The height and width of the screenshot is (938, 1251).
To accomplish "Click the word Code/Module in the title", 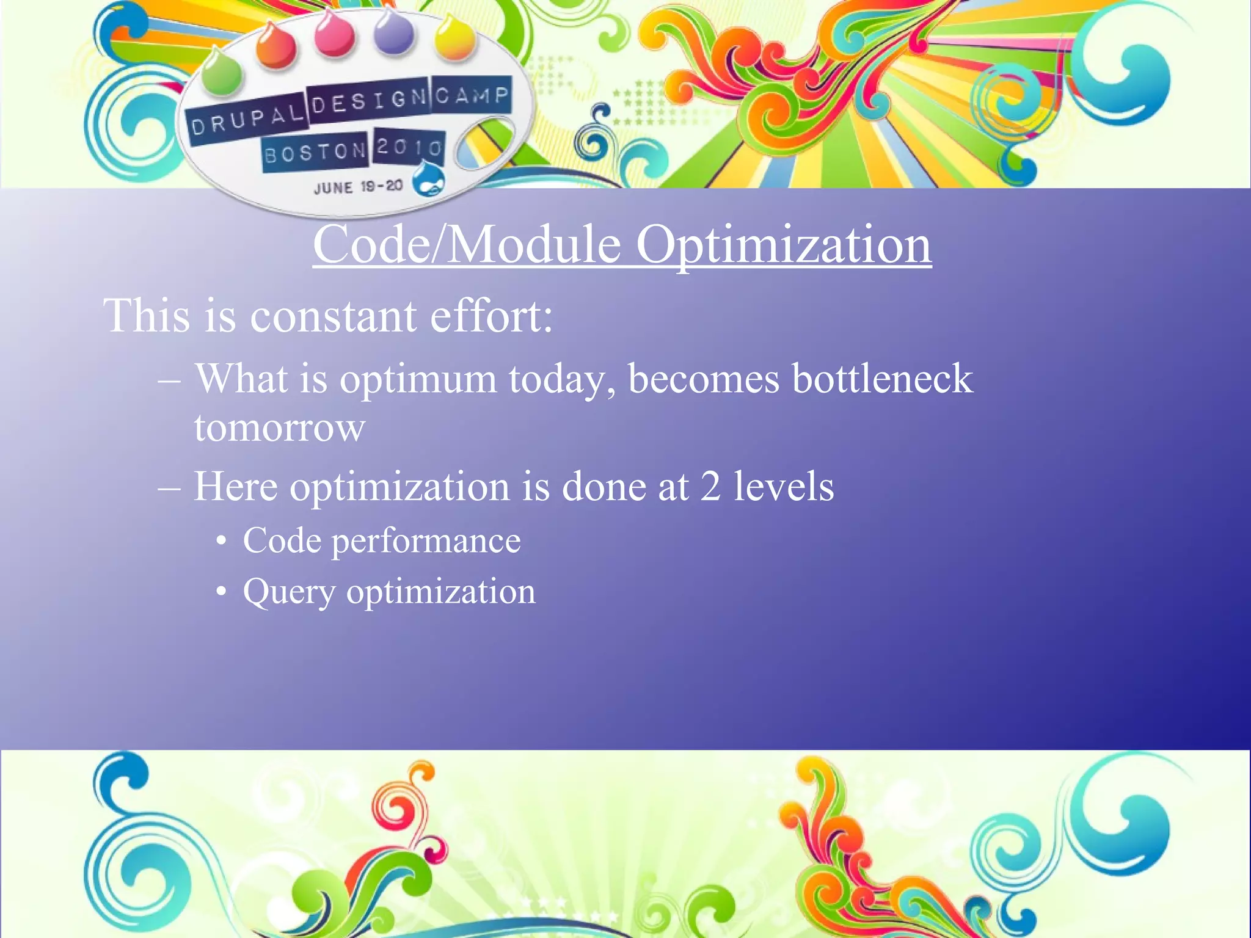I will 467,244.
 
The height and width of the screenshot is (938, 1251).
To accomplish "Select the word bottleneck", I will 883,379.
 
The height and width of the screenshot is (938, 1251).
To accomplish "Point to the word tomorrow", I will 280,427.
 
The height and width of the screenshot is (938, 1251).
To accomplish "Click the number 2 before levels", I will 710,487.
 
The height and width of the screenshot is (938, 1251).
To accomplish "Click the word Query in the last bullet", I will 289,592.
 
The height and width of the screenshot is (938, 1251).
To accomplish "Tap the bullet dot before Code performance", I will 222,541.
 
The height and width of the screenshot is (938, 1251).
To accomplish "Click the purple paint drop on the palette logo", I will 394,32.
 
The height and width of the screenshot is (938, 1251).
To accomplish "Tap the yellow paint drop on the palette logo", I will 455,38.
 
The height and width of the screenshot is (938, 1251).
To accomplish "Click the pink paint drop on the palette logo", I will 334,34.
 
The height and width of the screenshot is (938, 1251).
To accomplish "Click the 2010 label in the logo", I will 409,147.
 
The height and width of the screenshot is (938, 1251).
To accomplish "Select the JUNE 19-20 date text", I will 358,187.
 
